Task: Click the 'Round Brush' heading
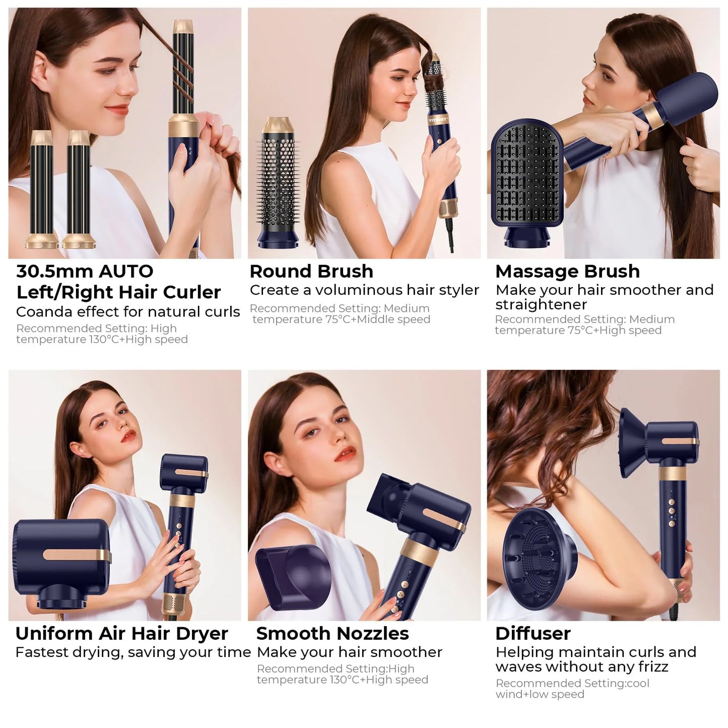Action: click(311, 272)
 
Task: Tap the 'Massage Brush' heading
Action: click(567, 272)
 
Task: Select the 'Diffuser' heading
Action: click(533, 633)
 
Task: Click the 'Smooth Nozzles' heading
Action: click(333, 633)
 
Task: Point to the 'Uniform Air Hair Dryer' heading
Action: click(121, 633)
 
